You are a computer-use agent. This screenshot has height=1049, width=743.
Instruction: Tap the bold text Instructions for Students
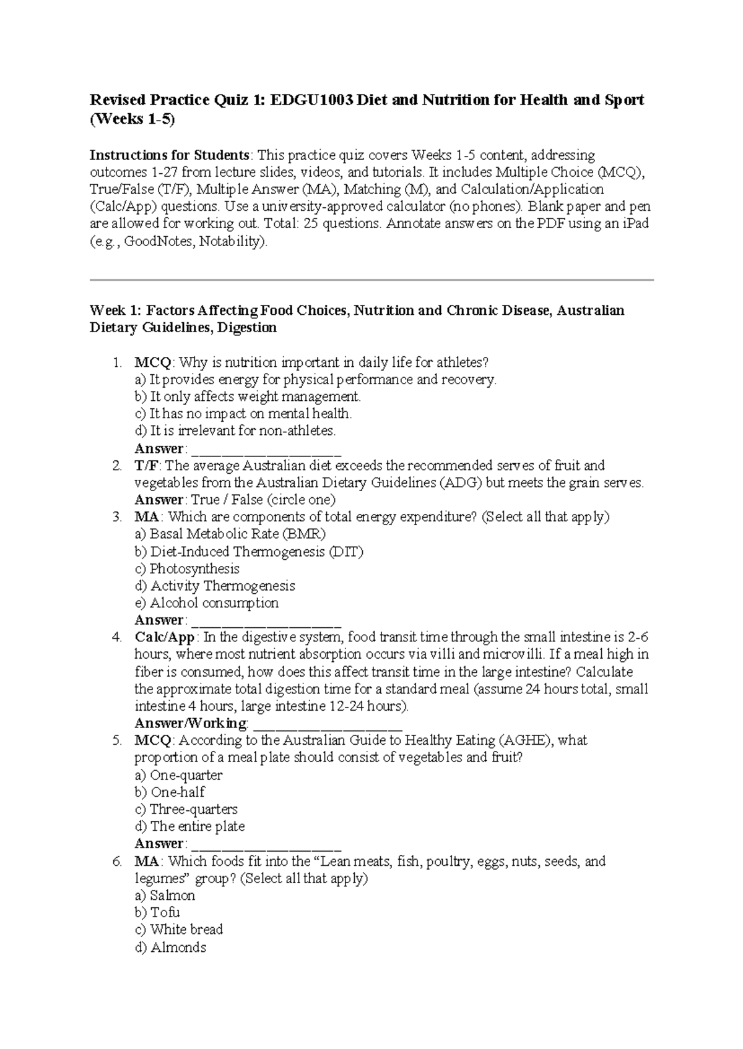point(170,155)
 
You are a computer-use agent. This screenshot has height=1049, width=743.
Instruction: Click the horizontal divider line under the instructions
point(371,280)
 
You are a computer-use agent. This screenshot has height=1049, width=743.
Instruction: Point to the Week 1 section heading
point(357,319)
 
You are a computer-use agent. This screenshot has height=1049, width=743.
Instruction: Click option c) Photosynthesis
point(187,568)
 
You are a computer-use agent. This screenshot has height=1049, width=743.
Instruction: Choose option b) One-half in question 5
point(170,792)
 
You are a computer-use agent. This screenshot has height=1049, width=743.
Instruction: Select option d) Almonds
point(170,947)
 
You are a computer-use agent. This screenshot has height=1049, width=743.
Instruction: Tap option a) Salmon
point(165,895)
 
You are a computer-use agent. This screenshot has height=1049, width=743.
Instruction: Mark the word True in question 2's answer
point(204,500)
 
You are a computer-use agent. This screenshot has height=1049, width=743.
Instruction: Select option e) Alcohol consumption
point(206,602)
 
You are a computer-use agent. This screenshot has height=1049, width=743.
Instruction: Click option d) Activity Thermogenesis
point(214,586)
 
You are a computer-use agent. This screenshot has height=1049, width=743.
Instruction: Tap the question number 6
point(116,861)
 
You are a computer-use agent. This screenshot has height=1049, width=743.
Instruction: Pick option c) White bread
point(178,929)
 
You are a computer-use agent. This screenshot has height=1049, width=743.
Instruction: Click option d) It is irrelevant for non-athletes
point(235,430)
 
